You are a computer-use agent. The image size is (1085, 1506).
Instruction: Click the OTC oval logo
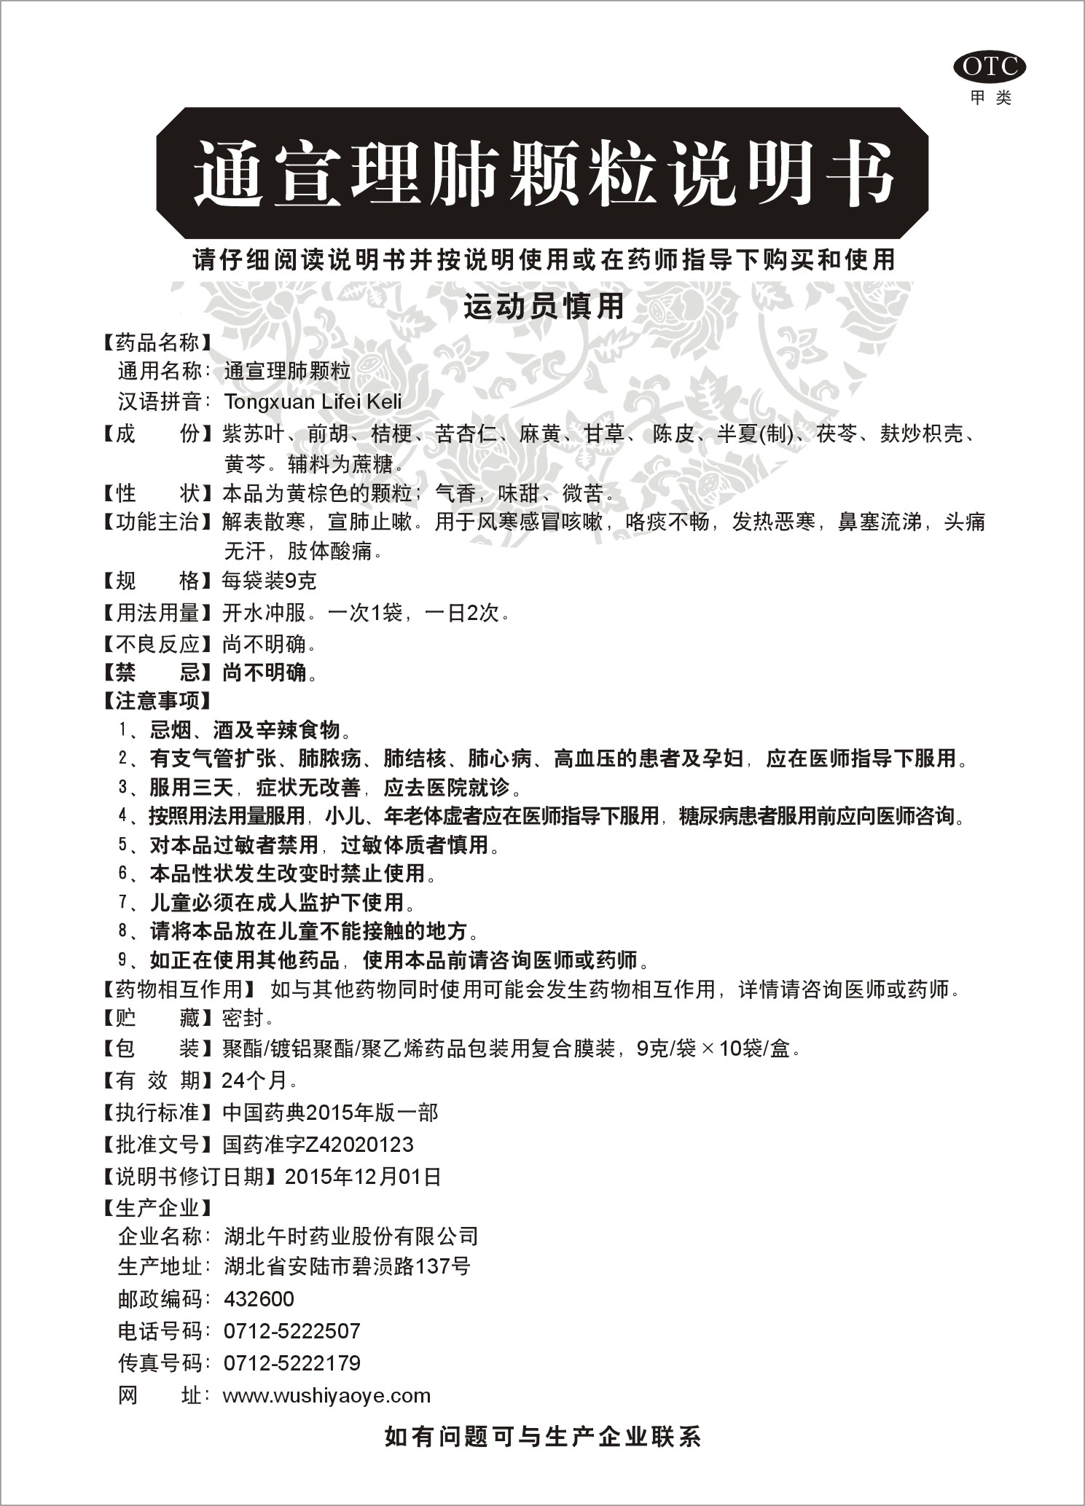coord(990,68)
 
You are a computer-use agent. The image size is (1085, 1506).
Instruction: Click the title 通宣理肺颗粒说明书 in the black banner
coord(543,173)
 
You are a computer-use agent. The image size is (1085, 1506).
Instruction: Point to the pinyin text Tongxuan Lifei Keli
coord(313,401)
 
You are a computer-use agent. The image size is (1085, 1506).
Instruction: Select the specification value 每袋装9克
coord(270,581)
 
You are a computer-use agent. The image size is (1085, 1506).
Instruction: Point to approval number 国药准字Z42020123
coord(318,1145)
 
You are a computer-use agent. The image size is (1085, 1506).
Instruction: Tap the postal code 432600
coord(259,1299)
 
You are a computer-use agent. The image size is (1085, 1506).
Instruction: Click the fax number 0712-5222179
coord(292,1363)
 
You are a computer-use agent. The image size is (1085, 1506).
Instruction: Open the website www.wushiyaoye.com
coord(326,1396)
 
